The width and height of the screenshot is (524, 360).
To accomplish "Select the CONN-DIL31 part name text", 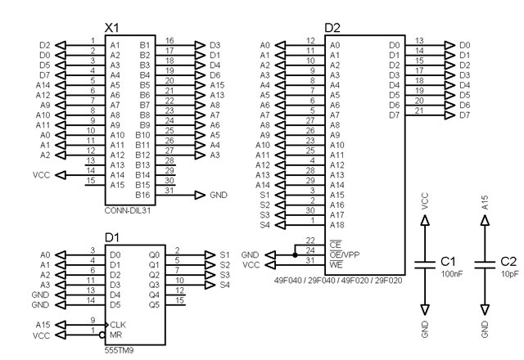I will [129, 209].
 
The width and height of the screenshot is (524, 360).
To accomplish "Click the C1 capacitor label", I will [448, 260].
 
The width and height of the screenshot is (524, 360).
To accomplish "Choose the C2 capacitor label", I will [509, 260].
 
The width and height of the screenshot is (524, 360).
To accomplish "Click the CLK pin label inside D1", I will [117, 325].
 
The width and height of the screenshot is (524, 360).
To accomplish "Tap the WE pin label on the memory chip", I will [336, 265].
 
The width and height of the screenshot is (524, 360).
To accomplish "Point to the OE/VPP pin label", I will [343, 254].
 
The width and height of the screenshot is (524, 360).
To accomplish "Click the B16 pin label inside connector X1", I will [143, 196].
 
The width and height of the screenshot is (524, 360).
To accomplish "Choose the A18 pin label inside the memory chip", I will [337, 224].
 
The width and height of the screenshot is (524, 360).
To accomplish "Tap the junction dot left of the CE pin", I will [294, 254].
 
